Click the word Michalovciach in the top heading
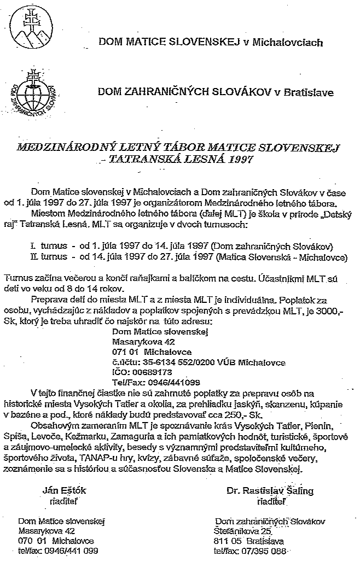[285, 42]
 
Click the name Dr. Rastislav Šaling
[270, 490]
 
